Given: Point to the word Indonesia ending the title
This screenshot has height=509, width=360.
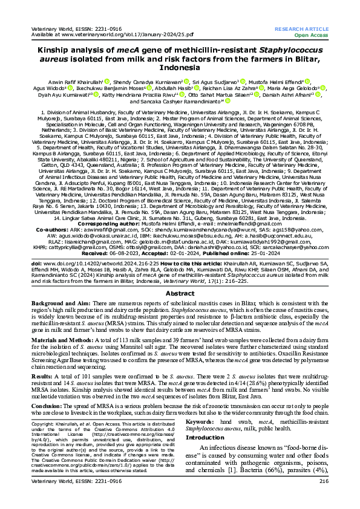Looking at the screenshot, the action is (180, 69).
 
